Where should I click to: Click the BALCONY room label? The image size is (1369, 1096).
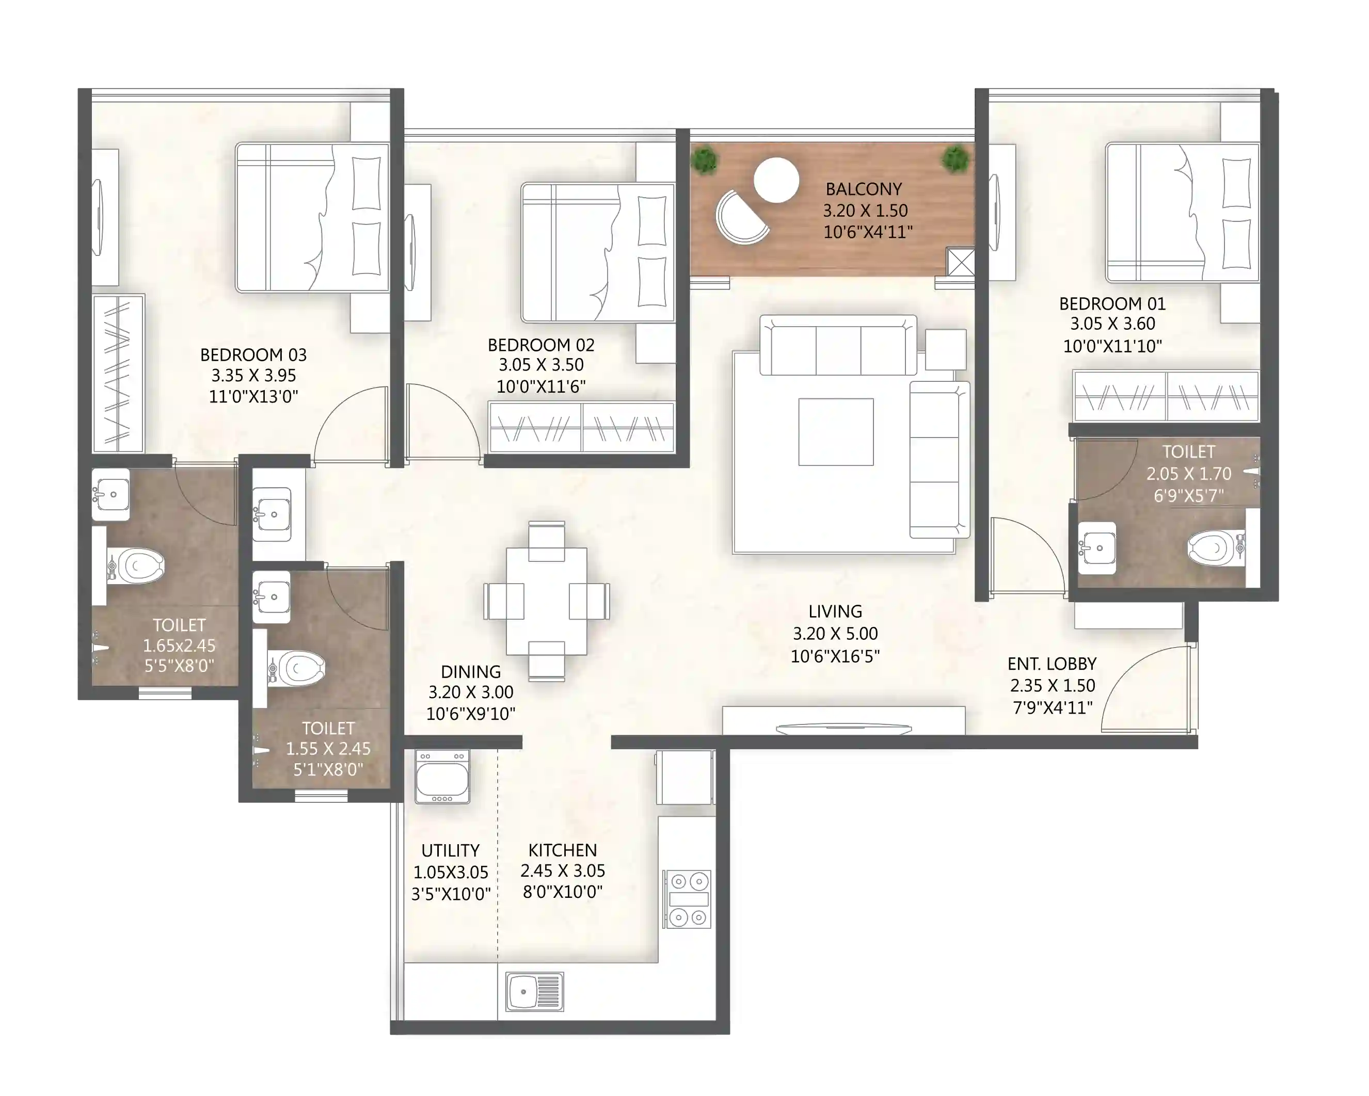(x=863, y=189)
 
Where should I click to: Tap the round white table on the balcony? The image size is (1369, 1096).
(x=775, y=180)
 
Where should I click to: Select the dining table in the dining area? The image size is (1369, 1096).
(x=546, y=601)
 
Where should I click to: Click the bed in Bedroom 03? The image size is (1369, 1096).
(x=312, y=218)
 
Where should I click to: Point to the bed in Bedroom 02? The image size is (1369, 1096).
(x=597, y=252)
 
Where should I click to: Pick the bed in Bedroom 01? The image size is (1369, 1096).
(x=1182, y=213)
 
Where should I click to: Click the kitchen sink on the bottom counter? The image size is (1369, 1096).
(x=534, y=992)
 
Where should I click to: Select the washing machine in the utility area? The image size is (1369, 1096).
(x=442, y=777)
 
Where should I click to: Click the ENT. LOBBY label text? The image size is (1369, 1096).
(x=1052, y=664)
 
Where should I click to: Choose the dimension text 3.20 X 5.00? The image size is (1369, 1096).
(x=835, y=633)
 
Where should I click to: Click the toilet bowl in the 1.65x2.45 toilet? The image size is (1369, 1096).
(x=138, y=566)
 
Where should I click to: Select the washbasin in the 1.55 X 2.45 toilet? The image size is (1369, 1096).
(x=271, y=597)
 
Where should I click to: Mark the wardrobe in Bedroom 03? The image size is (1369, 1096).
(x=118, y=373)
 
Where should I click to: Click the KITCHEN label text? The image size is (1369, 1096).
(x=562, y=850)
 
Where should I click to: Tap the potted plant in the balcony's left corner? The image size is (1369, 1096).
(x=703, y=160)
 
